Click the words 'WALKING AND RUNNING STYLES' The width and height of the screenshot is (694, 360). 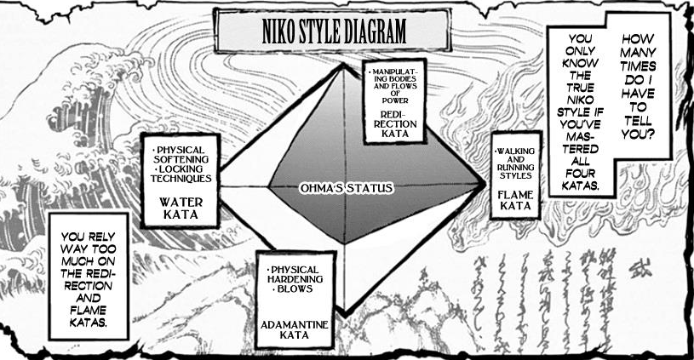tap(515, 163)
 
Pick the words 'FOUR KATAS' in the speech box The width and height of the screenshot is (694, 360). tap(579, 178)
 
